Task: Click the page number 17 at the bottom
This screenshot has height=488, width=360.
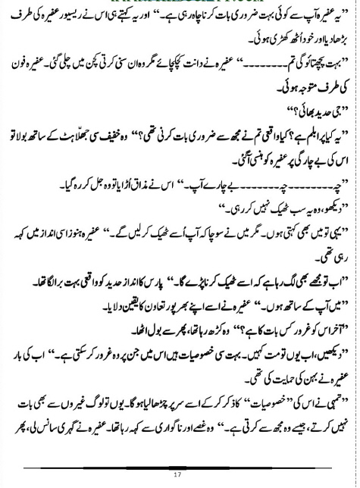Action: pyautogui.click(x=180, y=474)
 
